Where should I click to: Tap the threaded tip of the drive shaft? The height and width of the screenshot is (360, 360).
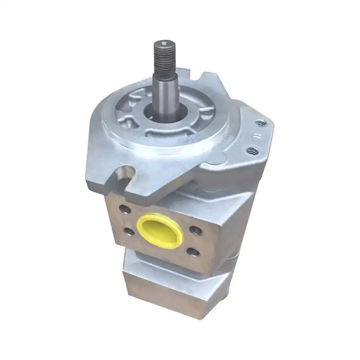163,56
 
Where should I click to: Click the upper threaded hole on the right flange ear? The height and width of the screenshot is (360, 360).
260,121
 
